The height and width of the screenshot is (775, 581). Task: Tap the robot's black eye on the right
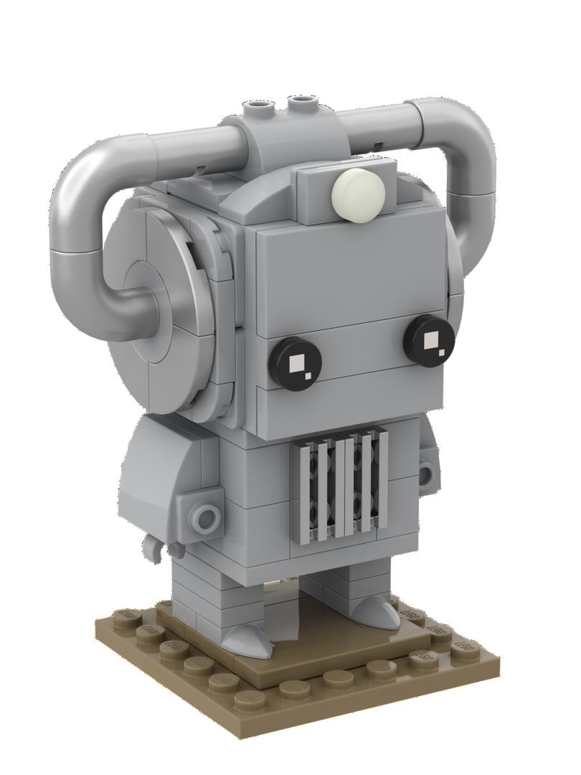[430, 339]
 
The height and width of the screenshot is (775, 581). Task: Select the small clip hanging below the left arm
[154, 547]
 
